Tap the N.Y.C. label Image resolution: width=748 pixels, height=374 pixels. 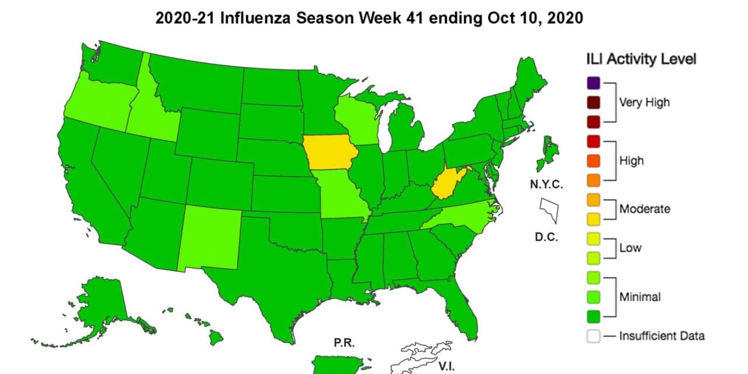pyautogui.click(x=546, y=185)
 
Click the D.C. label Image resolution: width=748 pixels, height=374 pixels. pyautogui.click(x=546, y=237)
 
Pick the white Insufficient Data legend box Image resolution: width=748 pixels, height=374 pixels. pyautogui.click(x=593, y=335)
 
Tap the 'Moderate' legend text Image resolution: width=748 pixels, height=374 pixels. pyautogui.click(x=645, y=209)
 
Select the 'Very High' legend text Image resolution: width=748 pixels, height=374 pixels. pyautogui.click(x=645, y=102)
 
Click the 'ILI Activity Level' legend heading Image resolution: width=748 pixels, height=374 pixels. pyautogui.click(x=641, y=59)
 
